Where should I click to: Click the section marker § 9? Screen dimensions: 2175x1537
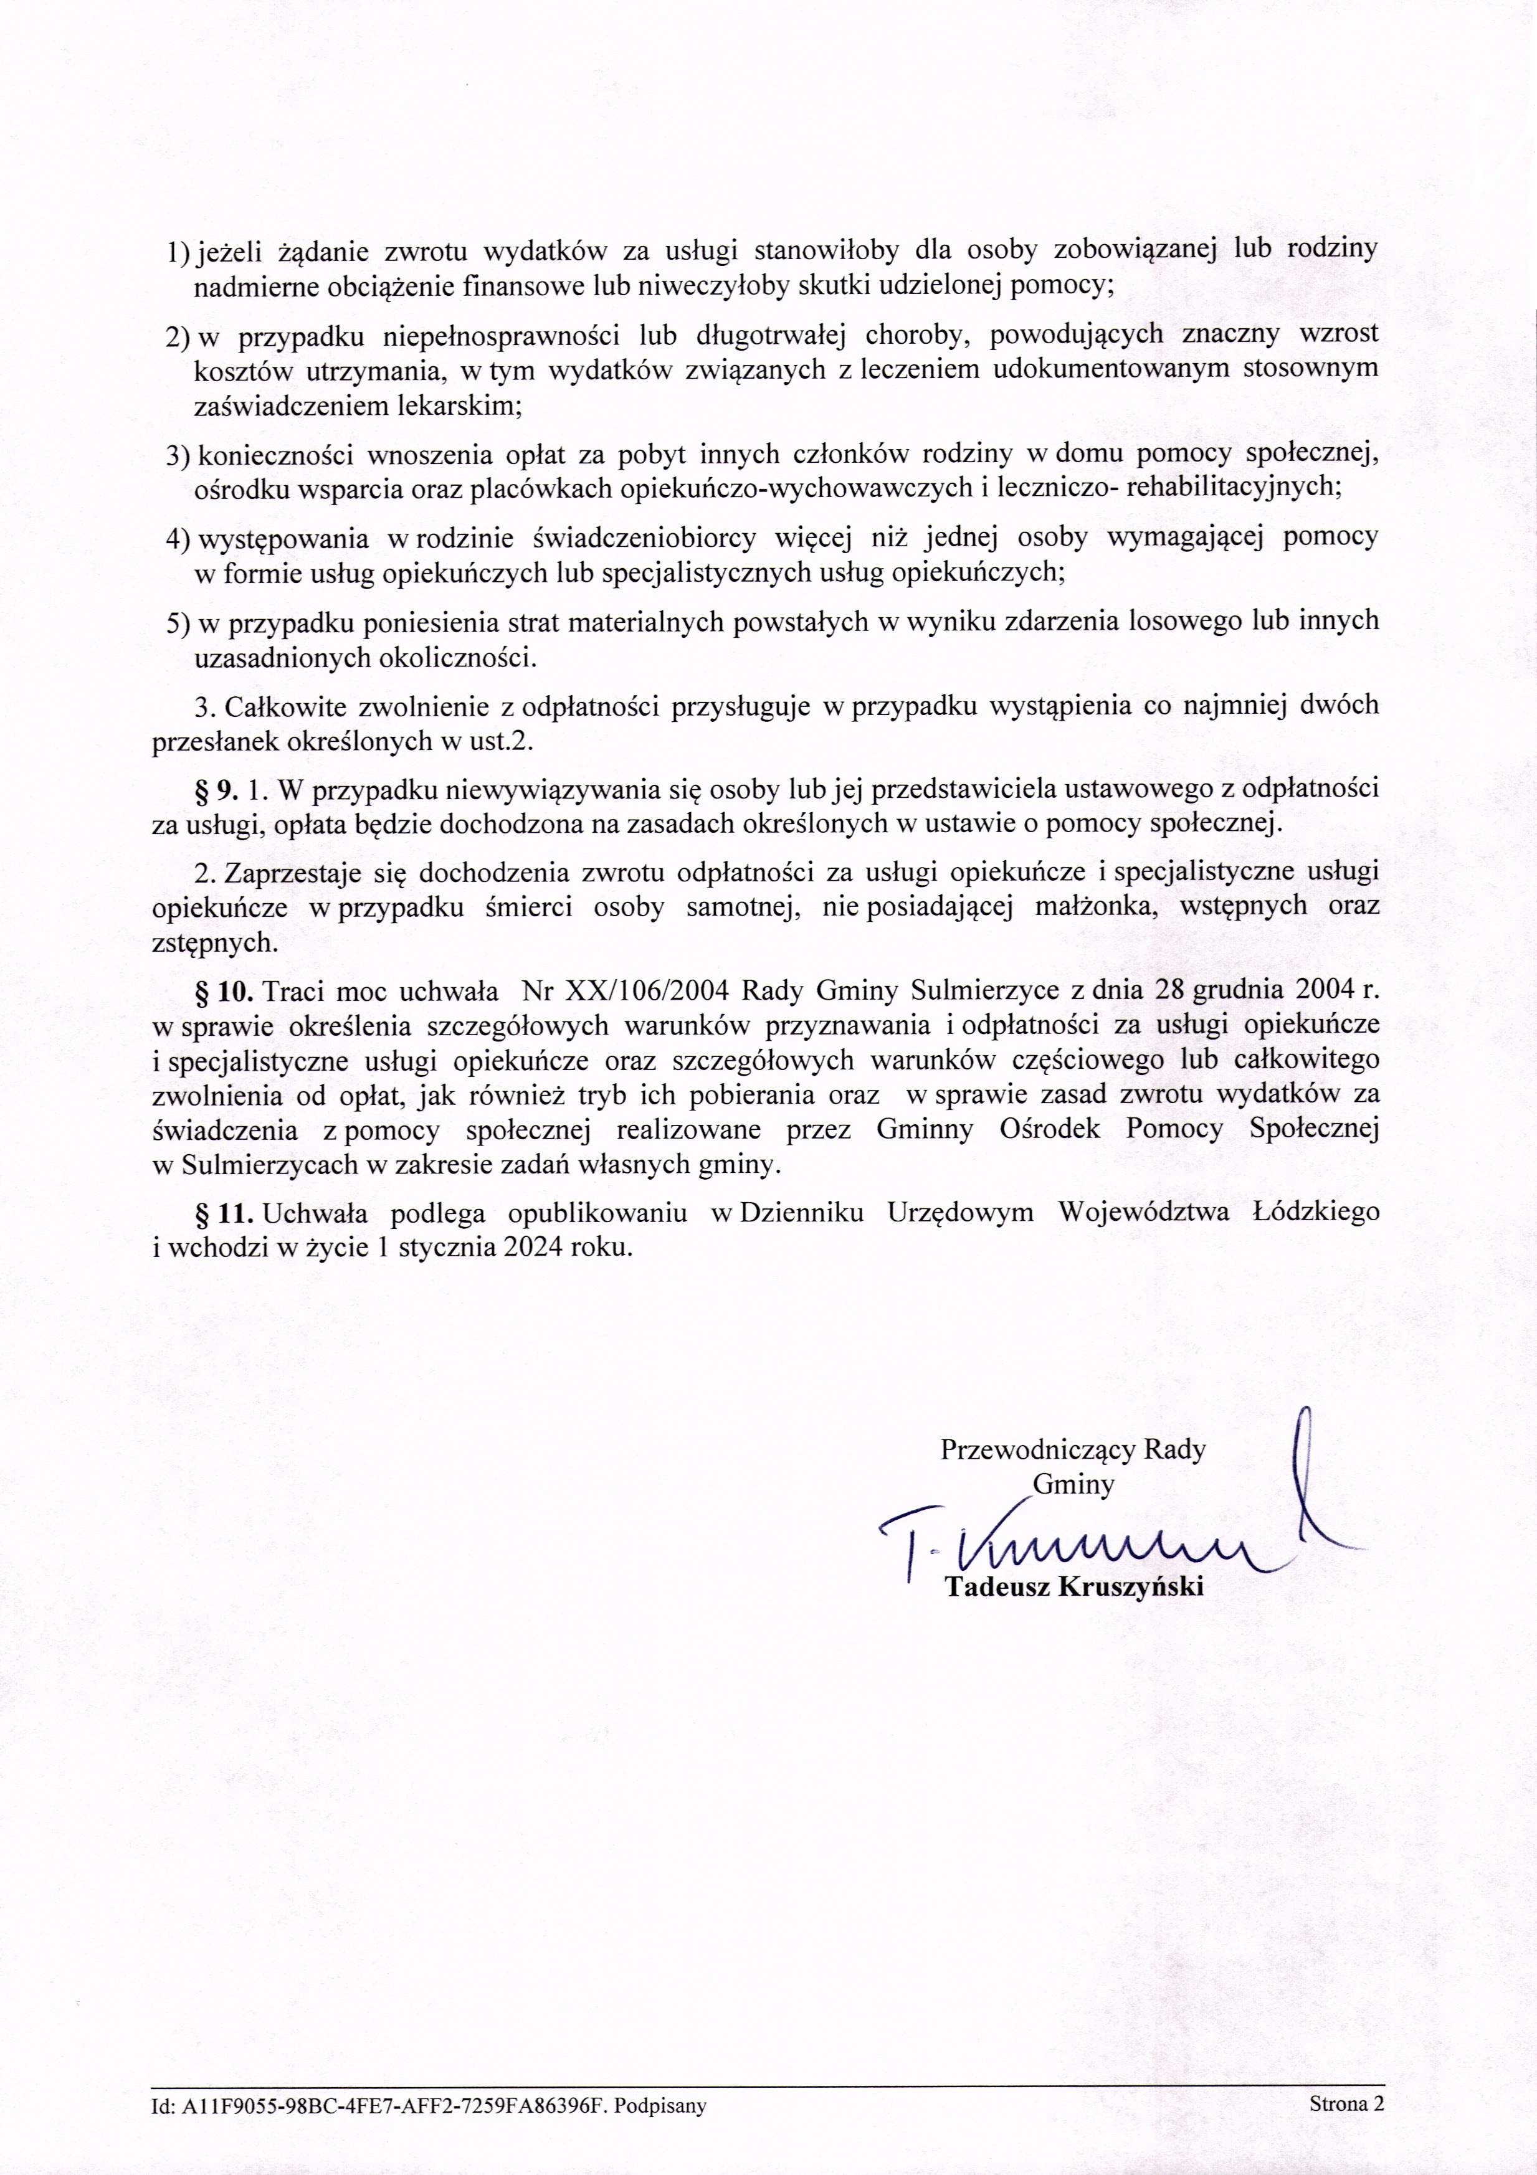point(216,788)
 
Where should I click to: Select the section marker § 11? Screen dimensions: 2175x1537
point(224,1211)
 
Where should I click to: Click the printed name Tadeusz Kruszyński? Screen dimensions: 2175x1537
point(1075,1588)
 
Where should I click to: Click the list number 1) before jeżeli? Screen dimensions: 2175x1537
point(178,251)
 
